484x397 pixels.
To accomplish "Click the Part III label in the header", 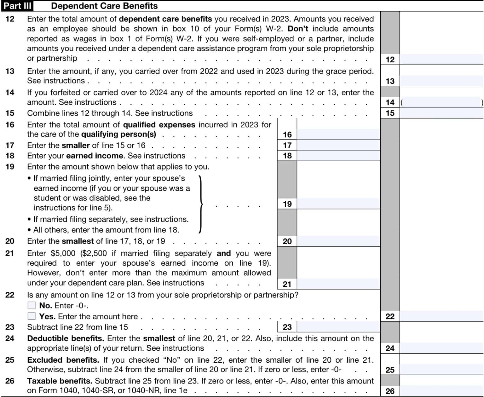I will (17, 6).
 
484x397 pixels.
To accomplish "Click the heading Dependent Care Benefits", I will (104, 6).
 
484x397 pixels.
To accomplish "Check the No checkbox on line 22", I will (32, 305).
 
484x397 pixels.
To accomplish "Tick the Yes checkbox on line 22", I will (32, 316).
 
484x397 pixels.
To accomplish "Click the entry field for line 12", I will (441, 59).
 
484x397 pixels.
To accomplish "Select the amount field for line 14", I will (441, 102).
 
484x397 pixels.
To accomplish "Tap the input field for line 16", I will (338, 135).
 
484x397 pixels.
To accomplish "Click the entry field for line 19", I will (338, 204).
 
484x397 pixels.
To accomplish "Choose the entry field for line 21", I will (338, 284).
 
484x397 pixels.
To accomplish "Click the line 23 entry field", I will (338, 327).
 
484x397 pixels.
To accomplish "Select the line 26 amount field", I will (441, 391).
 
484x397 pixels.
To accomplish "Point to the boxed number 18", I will (287, 156).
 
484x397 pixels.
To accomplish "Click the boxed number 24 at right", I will (390, 348).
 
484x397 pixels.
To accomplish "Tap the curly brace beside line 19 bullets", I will (201, 204).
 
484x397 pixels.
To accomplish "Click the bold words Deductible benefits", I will (66, 338).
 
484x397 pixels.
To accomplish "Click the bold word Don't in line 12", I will (298, 29).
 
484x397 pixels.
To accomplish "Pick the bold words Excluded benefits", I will (63, 360).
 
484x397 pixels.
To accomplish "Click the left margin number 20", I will (10, 241).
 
